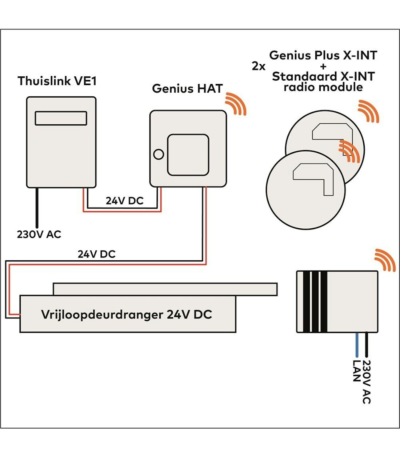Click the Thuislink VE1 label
coord(57,81)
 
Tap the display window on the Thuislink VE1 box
coord(61,118)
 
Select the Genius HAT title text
coord(187,88)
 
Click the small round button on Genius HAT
coord(159,154)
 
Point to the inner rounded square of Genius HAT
coord(188,155)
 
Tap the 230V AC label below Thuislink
coord(39,234)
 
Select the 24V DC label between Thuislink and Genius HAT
coord(124,201)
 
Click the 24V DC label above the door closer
coord(96,254)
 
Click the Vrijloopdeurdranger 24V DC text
coord(126,314)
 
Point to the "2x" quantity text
coord(259,67)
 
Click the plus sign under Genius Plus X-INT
coord(323,67)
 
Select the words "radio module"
coord(323,87)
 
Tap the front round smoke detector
coord(305,191)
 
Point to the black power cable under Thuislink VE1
coord(36,207)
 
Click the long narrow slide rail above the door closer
coord(165,289)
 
